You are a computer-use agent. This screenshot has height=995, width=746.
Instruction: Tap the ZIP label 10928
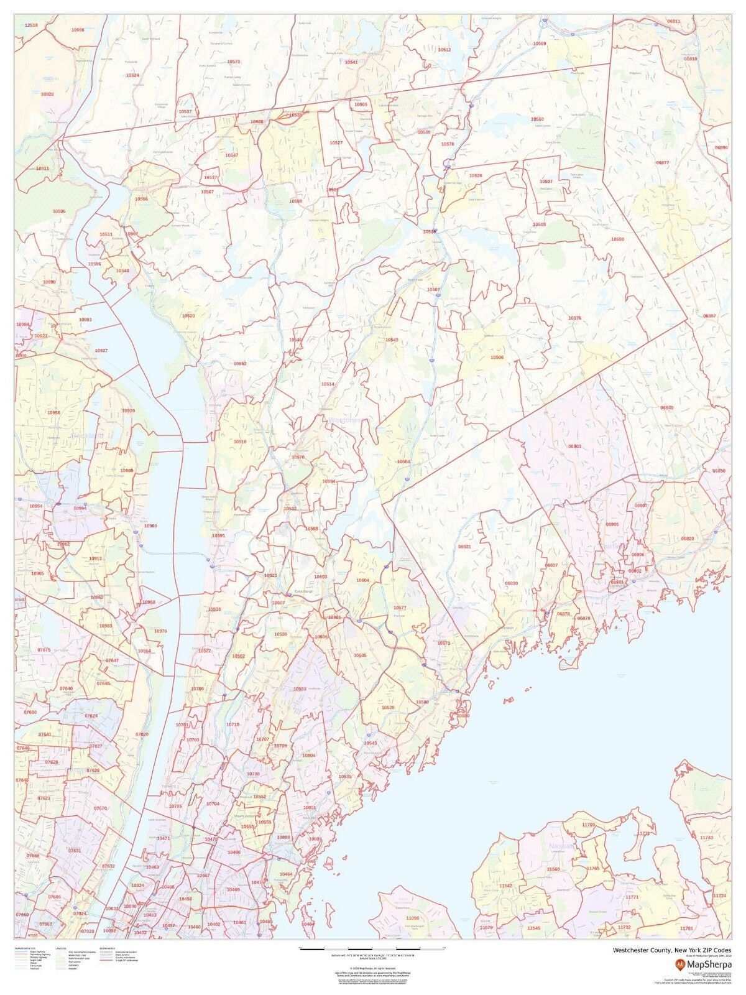(47, 95)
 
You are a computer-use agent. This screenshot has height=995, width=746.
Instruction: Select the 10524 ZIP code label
(132, 75)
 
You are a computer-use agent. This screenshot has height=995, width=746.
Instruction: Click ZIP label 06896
(721, 148)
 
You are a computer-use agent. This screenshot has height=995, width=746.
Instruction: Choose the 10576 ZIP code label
(574, 318)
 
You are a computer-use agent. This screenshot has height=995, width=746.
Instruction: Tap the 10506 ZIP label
(497, 358)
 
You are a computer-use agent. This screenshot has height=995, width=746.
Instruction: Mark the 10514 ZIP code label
(328, 384)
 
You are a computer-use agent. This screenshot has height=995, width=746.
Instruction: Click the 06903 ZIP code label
(574, 446)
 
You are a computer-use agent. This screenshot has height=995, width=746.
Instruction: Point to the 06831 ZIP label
(464, 547)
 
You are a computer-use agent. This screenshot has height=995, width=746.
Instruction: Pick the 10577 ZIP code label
(400, 608)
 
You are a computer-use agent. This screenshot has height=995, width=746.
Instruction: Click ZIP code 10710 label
(233, 725)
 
